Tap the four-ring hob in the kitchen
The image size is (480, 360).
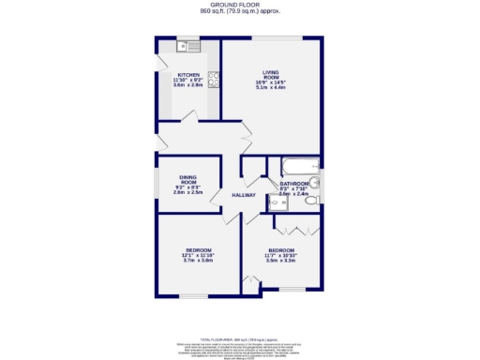click(214, 80)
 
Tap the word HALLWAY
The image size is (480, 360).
click(245, 194)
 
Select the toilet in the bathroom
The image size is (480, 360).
click(315, 183)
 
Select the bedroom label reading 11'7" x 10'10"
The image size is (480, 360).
click(281, 250)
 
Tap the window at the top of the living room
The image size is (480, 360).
click(275, 37)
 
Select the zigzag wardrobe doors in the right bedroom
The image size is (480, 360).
click(297, 231)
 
